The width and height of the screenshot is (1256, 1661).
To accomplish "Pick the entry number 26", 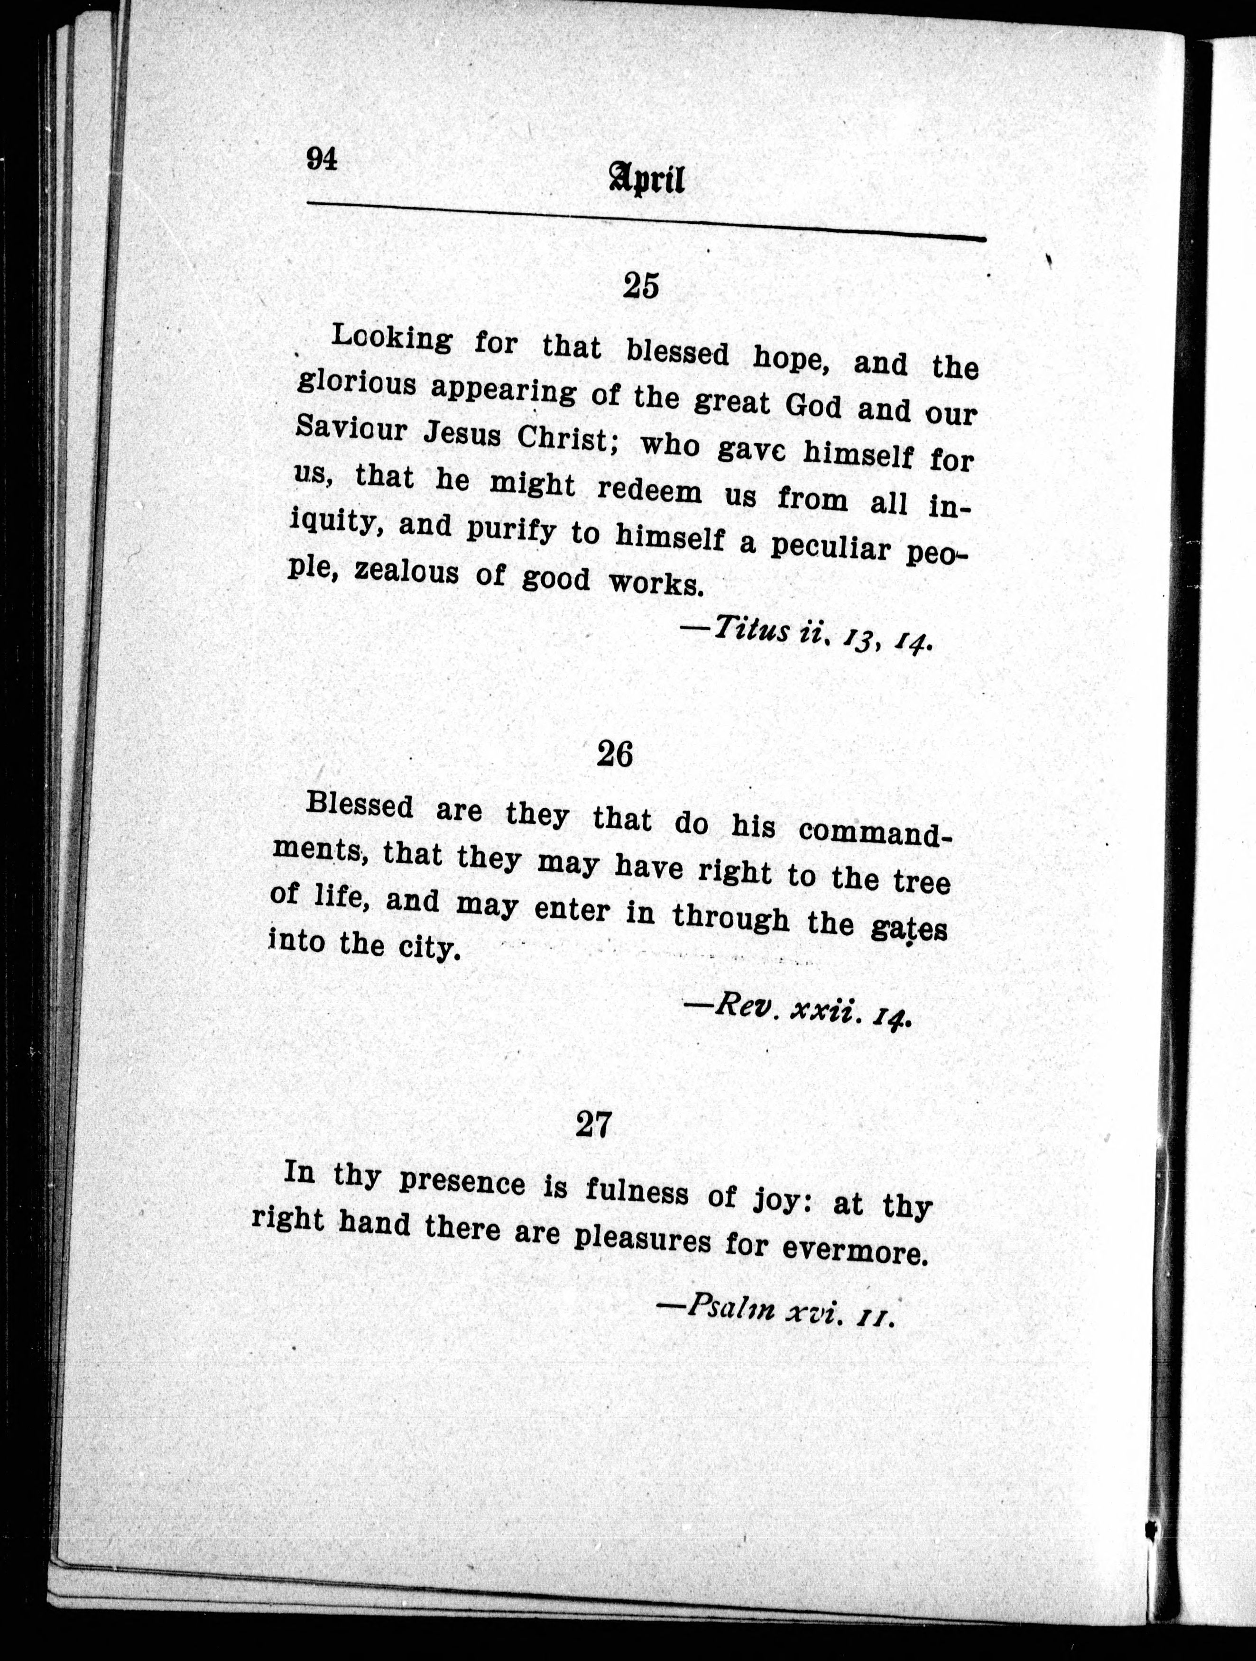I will [614, 754].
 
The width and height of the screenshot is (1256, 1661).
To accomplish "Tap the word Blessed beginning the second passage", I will [360, 806].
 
